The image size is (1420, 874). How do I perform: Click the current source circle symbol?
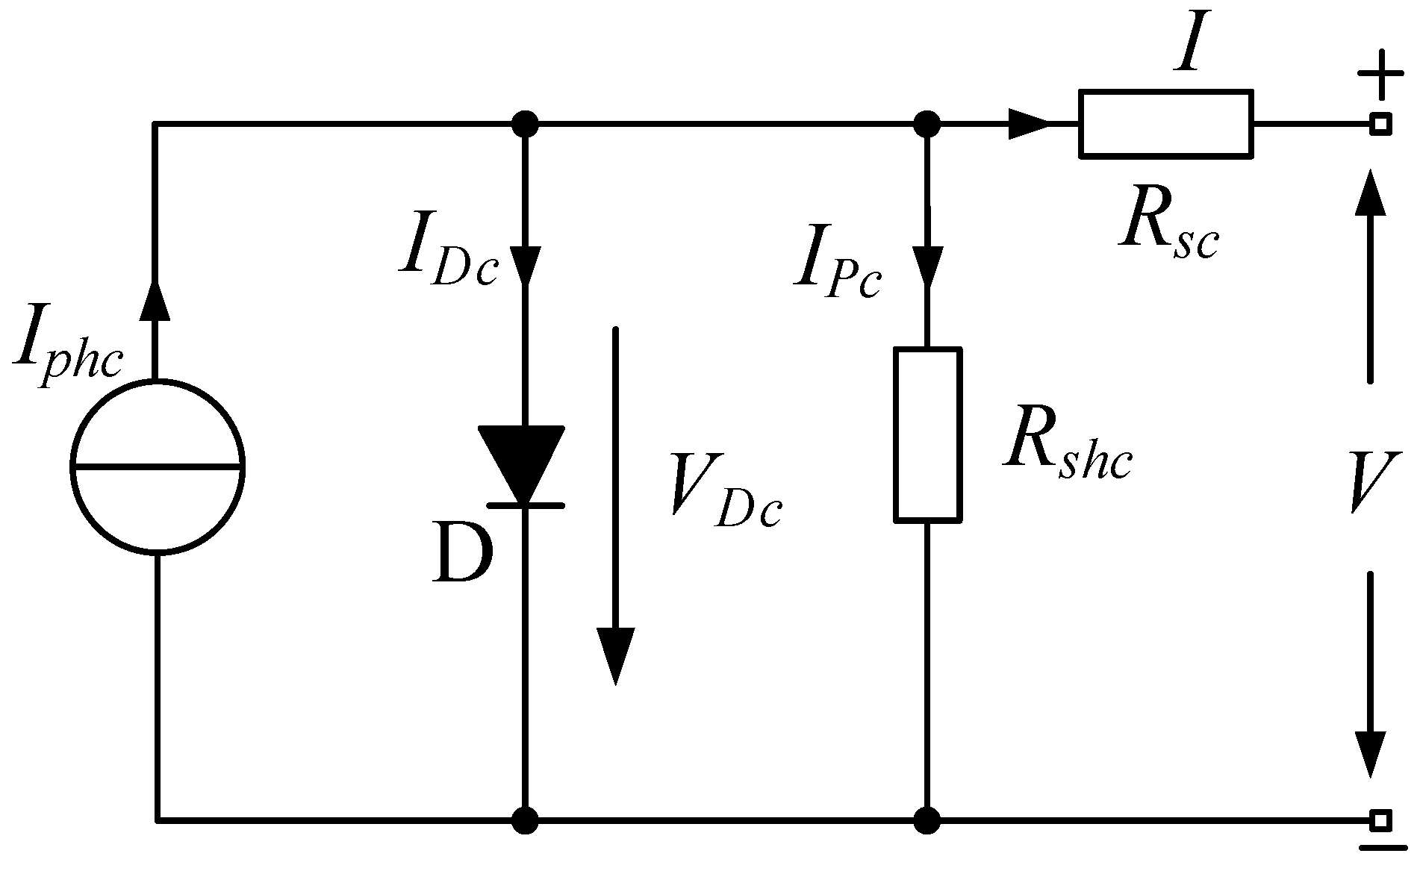point(158,467)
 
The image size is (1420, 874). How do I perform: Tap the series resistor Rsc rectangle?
point(1165,124)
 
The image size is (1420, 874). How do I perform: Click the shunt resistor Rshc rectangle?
point(928,434)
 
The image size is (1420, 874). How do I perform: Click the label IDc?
point(448,257)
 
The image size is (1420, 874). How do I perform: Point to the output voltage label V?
point(1372,484)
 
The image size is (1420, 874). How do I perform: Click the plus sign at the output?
point(1380,75)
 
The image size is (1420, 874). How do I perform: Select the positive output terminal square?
point(1381,124)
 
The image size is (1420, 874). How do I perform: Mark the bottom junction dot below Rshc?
point(927,820)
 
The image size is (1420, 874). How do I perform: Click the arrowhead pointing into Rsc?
point(1029,124)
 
